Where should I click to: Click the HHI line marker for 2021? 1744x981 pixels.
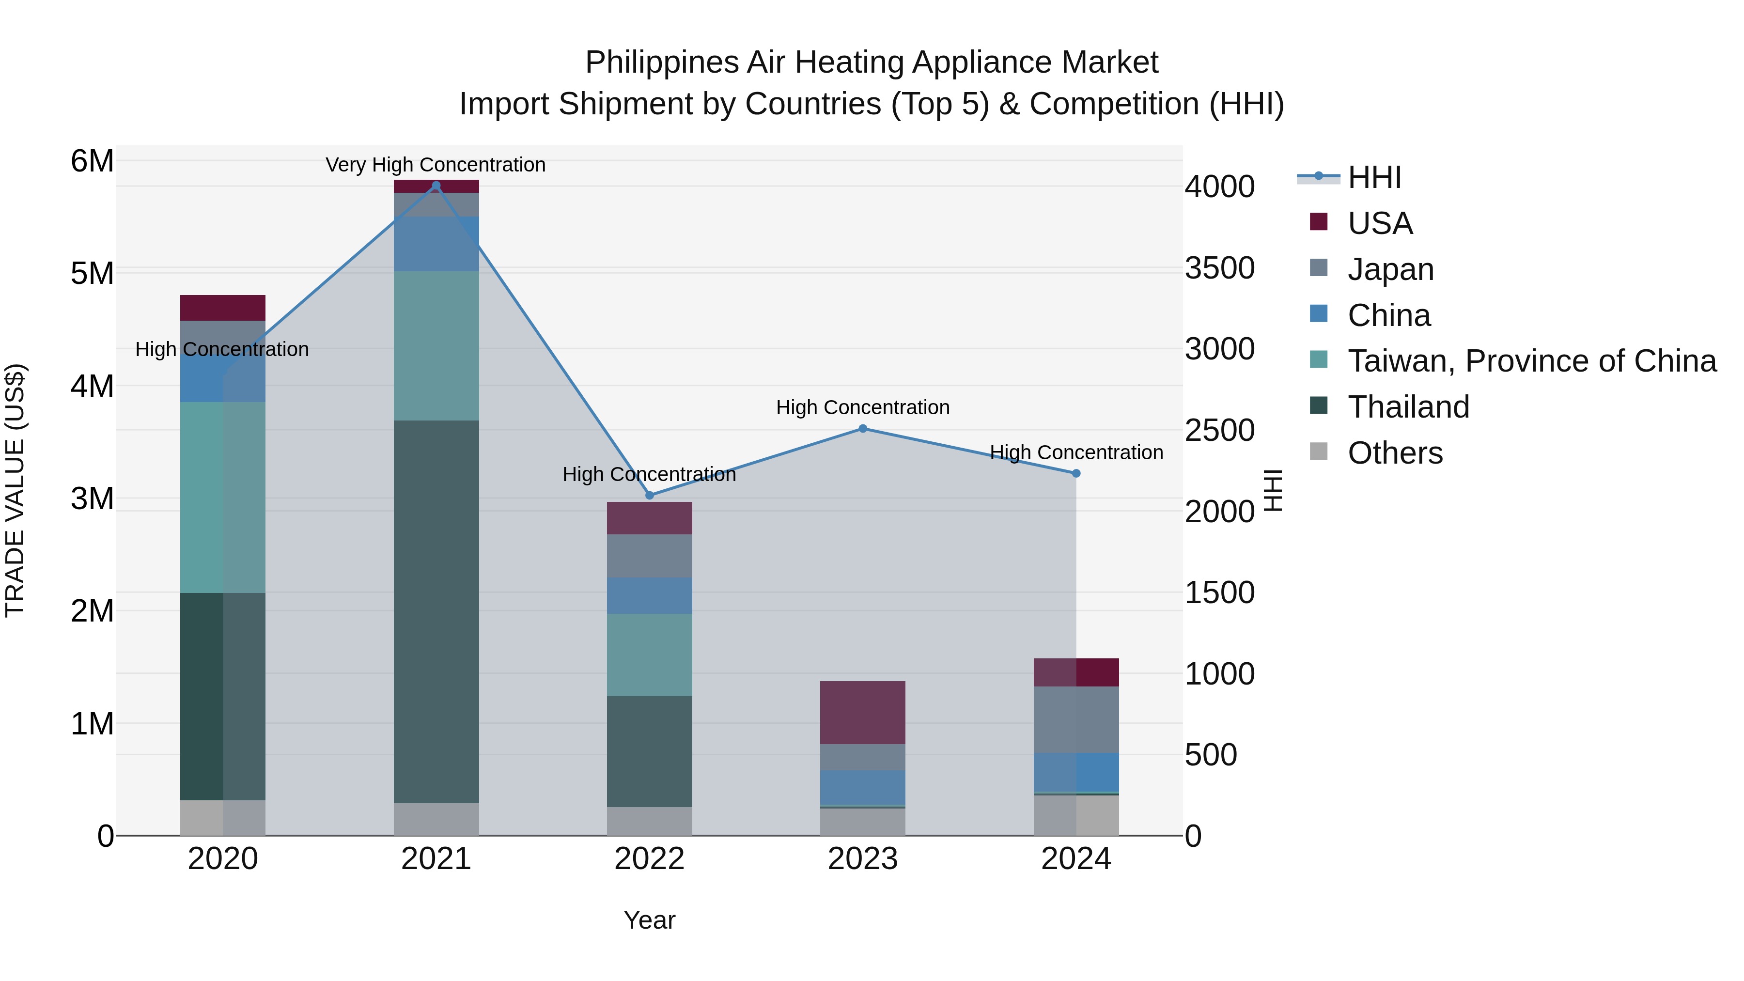coord(436,186)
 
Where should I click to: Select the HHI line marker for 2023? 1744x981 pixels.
coord(862,429)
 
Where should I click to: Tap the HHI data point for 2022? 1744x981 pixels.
coord(649,496)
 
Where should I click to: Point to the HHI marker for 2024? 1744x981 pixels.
coord(1076,473)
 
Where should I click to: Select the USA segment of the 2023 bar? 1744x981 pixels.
coord(862,712)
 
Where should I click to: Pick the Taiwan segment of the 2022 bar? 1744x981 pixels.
coord(649,654)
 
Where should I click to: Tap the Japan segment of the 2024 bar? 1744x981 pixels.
coord(1076,719)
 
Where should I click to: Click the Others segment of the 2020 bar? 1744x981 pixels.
coord(223,818)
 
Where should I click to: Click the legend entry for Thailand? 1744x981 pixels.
coord(1408,407)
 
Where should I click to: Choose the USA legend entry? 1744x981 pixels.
coord(1380,223)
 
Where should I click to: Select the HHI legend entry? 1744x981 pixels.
coord(1374,177)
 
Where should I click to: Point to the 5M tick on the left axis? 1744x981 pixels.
coord(92,274)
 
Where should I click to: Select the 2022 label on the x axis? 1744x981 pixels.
coord(649,859)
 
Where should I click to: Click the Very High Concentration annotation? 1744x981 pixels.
coord(436,165)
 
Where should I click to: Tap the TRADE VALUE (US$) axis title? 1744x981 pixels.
coord(15,490)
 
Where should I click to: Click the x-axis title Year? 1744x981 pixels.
coord(649,920)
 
